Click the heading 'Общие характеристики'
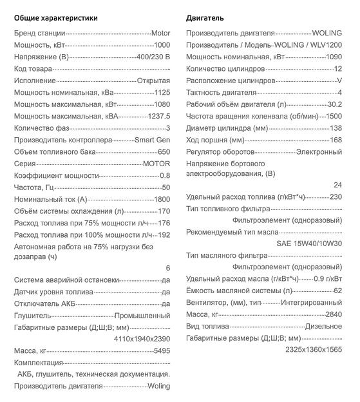(56, 17)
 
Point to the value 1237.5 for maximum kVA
(158, 116)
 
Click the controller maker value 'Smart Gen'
(152, 140)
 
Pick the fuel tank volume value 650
(164, 151)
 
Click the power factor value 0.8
(164, 175)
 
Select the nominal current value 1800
(162, 199)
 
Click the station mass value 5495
(162, 350)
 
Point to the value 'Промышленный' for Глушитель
(142, 316)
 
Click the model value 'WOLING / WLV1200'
(308, 44)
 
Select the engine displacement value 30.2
(334, 104)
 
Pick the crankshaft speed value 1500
(334, 116)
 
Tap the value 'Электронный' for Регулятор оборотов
(319, 151)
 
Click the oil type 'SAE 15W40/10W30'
(308, 244)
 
